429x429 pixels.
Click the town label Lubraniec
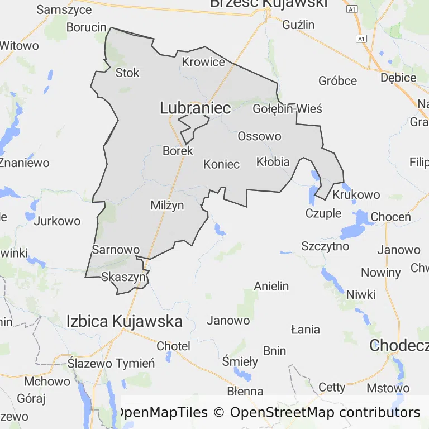(x=195, y=108)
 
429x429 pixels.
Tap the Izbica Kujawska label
(x=124, y=321)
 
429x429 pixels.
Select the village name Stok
(x=127, y=73)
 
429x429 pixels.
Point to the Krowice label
(x=203, y=62)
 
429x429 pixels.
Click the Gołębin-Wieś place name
(x=287, y=108)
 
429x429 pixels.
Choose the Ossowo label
(x=259, y=136)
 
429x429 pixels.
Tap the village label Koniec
(x=221, y=164)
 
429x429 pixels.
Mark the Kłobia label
(x=273, y=162)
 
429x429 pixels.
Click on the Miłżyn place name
(x=167, y=206)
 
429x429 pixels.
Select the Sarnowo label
(x=115, y=249)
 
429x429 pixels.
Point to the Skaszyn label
(x=123, y=277)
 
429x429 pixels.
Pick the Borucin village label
(x=86, y=27)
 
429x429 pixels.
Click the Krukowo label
(x=356, y=195)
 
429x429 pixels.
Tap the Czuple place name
(x=323, y=213)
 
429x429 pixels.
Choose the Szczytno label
(x=325, y=246)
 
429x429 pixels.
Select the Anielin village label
(x=271, y=286)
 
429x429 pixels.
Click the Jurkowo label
(x=57, y=221)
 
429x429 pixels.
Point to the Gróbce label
(x=337, y=81)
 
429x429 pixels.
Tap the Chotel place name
(x=173, y=346)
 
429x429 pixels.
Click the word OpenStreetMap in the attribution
(x=283, y=413)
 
